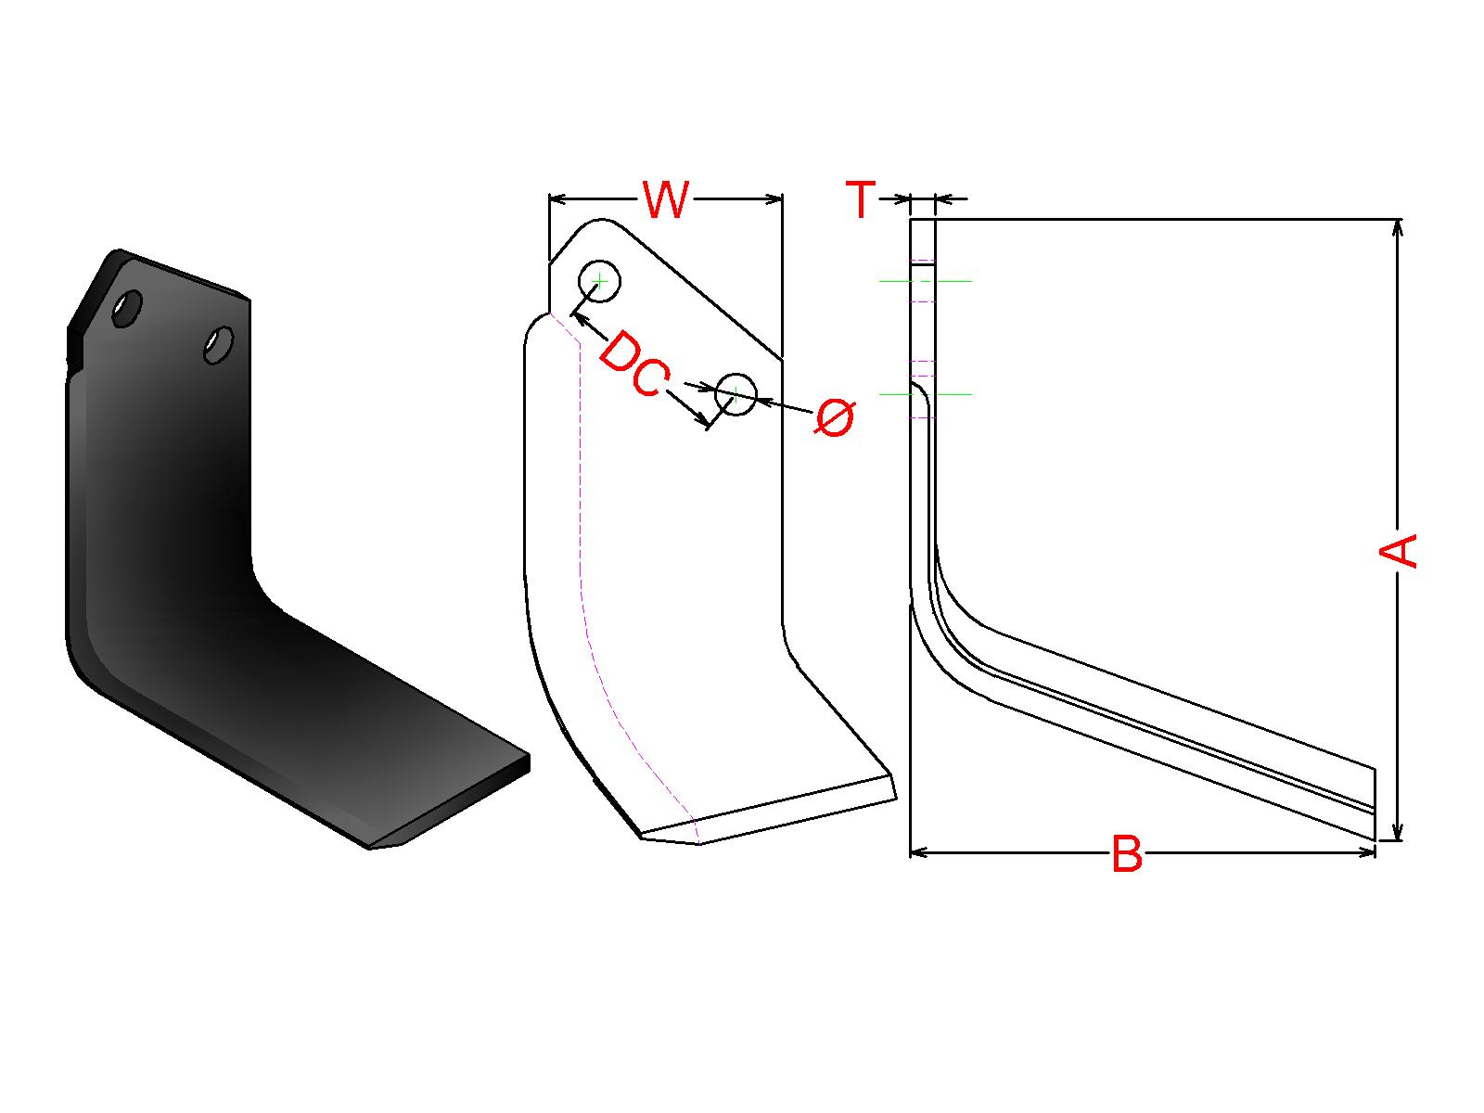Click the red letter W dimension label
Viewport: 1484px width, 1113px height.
coord(666,199)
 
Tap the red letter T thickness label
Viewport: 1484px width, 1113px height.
coord(861,199)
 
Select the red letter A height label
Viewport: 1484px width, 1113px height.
coord(1397,550)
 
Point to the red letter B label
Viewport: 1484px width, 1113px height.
coord(1127,853)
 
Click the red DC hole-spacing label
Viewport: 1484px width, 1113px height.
coord(634,364)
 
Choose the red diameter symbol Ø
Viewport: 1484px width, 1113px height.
coord(835,417)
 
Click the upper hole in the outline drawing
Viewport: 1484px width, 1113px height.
coord(599,280)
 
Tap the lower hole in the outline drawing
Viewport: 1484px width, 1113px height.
coord(736,394)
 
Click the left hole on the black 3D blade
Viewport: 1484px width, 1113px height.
coord(126,309)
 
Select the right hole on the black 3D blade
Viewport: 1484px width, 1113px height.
coord(219,345)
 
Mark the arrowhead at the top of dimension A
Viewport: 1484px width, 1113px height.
coord(1398,228)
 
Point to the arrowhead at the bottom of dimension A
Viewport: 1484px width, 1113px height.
coord(1398,832)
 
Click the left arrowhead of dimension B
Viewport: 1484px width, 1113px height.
coord(919,852)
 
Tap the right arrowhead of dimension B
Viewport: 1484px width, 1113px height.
coord(1366,852)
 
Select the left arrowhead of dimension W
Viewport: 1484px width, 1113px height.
coord(558,198)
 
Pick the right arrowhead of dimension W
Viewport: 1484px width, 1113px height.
coord(774,198)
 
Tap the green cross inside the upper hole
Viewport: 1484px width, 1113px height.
coord(599,280)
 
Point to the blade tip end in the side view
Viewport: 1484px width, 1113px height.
coord(1375,804)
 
